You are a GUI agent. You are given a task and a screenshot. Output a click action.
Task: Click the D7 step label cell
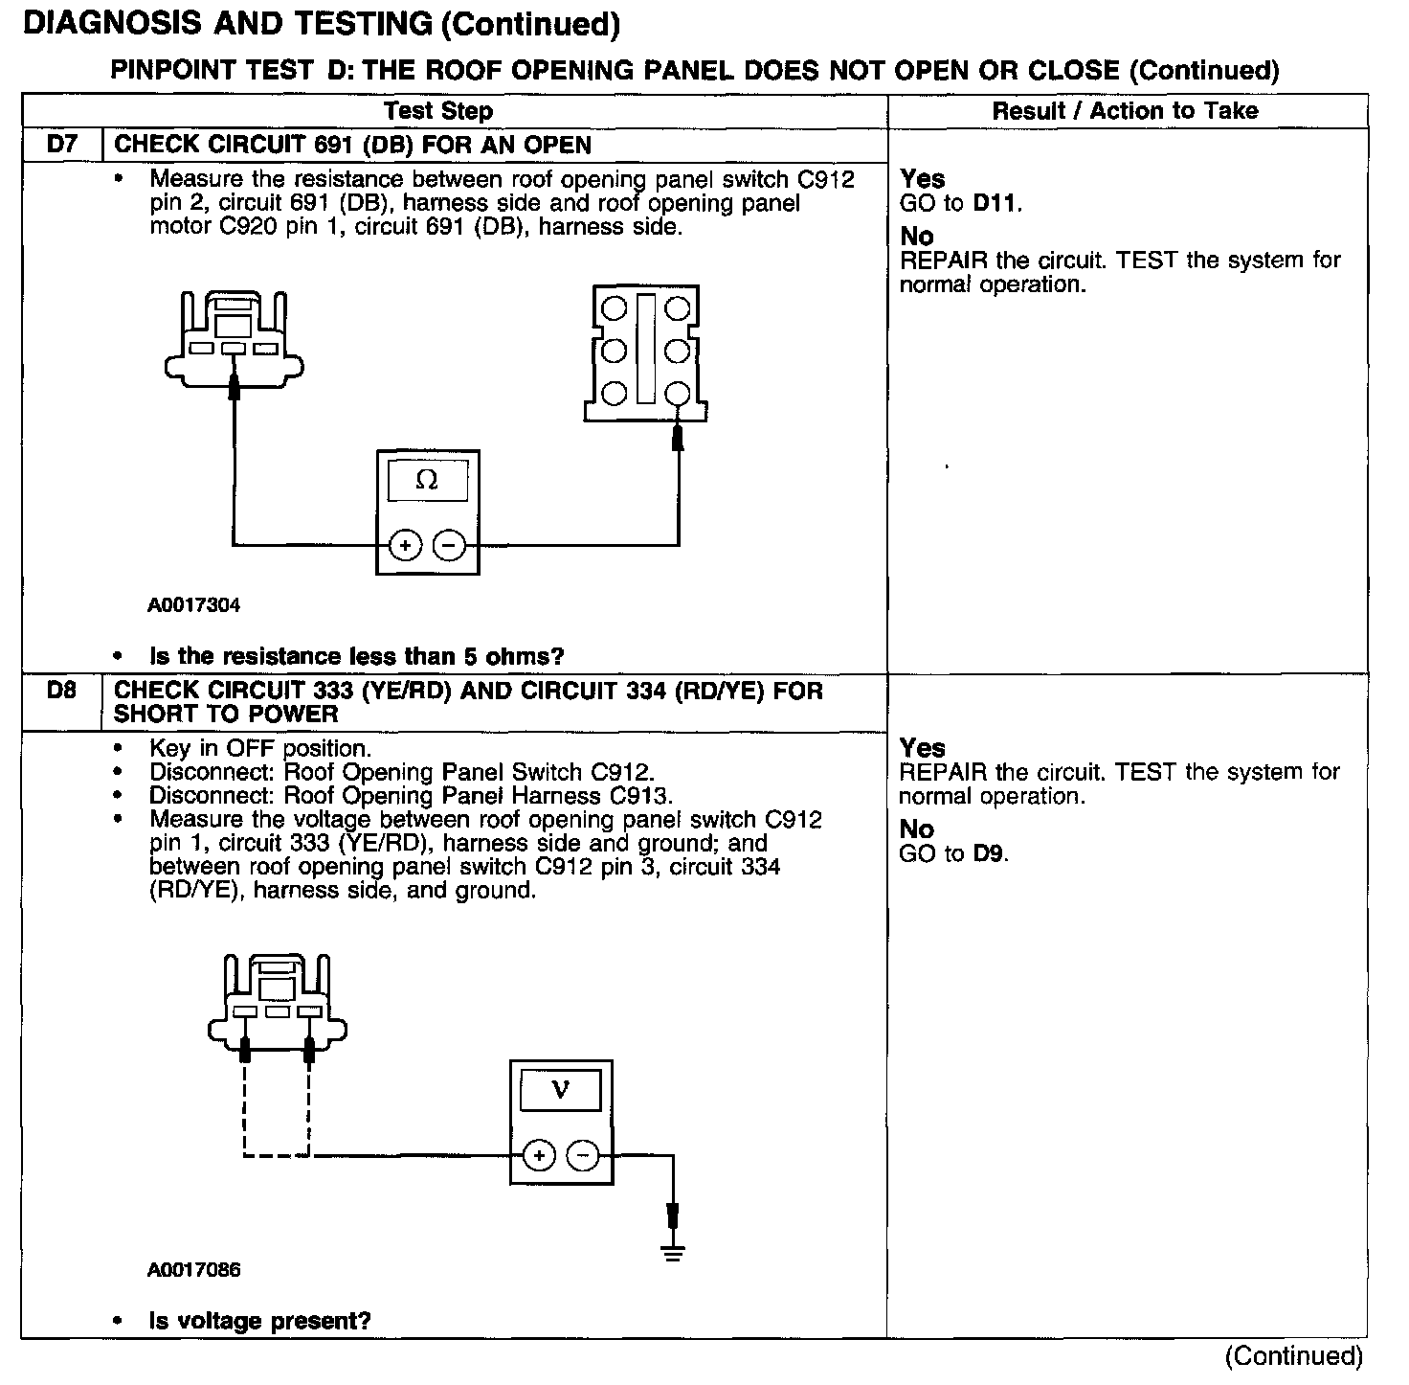[x=61, y=146]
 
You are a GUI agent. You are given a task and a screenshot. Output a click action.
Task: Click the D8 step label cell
[x=61, y=691]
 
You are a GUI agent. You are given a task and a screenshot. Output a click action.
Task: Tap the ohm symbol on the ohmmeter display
[x=427, y=481]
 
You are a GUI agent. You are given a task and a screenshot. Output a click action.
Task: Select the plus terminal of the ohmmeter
[x=405, y=546]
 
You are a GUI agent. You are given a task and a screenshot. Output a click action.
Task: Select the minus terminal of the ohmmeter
[x=449, y=546]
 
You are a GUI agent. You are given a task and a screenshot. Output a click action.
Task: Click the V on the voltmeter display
[x=561, y=1090]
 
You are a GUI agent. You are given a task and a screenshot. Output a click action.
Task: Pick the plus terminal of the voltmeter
[x=539, y=1156]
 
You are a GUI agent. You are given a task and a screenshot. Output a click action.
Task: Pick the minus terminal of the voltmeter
[x=583, y=1156]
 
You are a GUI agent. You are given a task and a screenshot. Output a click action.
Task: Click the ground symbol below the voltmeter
[x=674, y=1251]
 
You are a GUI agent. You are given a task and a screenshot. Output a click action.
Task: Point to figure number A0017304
[x=194, y=605]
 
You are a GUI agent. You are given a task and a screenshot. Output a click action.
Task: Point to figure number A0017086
[x=194, y=1270]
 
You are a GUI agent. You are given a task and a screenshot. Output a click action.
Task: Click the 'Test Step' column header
[x=438, y=111]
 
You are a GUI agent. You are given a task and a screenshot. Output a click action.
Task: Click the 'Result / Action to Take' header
[x=1125, y=111]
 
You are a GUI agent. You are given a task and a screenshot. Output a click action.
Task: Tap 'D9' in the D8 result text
[x=989, y=853]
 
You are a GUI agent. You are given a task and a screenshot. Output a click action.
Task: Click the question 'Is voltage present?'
[x=259, y=1321]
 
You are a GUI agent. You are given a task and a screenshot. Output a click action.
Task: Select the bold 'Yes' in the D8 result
[x=923, y=748]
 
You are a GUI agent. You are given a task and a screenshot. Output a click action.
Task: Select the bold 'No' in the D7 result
[x=917, y=236]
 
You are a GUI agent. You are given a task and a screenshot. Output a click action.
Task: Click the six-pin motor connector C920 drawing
[x=645, y=352]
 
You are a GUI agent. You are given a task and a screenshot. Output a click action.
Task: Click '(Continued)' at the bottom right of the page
[x=1293, y=1356]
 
